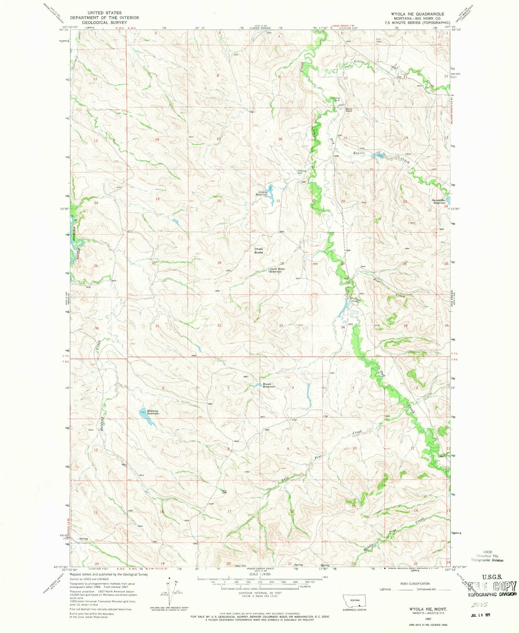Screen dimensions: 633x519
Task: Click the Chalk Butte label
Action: (259, 250)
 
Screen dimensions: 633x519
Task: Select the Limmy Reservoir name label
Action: (261, 193)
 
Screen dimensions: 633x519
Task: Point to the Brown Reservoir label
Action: (269, 385)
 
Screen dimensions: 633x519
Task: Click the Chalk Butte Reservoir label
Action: (277, 270)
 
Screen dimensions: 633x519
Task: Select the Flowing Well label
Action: (301, 172)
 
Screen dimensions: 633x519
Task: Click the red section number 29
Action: (219, 263)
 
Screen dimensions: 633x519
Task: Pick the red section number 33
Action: (281, 325)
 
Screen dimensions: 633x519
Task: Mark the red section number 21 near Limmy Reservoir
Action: (278, 201)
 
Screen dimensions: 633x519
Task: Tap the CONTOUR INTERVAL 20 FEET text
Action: (264, 593)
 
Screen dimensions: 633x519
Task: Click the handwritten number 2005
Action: (475, 604)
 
